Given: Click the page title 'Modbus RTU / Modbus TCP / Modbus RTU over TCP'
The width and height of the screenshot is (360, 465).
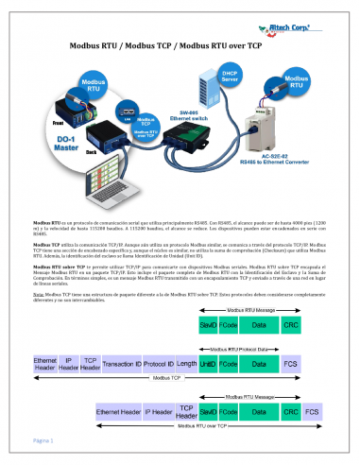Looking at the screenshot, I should pyautogui.click(x=180, y=45).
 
